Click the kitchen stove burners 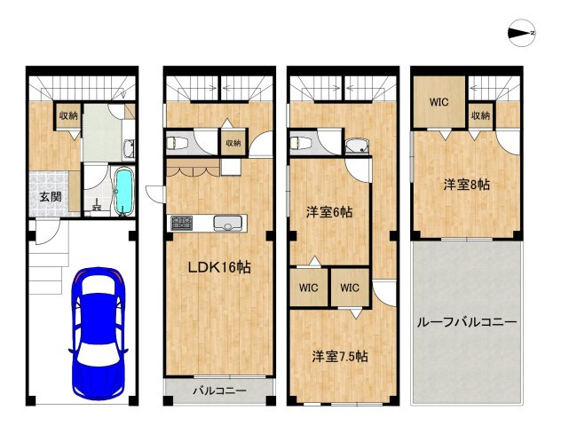[182, 221]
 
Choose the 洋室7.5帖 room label [340, 356]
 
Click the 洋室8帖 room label [467, 185]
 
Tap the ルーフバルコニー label [467, 321]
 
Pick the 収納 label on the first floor [68, 116]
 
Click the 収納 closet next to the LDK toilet [233, 143]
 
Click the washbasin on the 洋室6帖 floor [356, 145]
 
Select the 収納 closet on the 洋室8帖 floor [480, 115]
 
